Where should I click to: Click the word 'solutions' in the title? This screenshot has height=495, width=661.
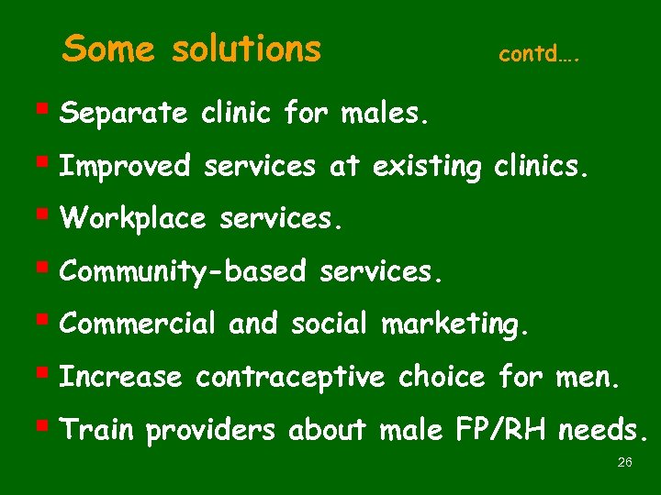[x=246, y=48]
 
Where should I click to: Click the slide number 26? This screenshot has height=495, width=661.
[x=625, y=463]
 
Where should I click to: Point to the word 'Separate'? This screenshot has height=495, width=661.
[x=123, y=115]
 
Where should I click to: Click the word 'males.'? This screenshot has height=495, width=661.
[x=385, y=115]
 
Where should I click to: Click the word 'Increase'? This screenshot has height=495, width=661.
[x=120, y=377]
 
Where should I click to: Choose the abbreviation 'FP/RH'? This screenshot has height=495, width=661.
[x=489, y=429]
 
